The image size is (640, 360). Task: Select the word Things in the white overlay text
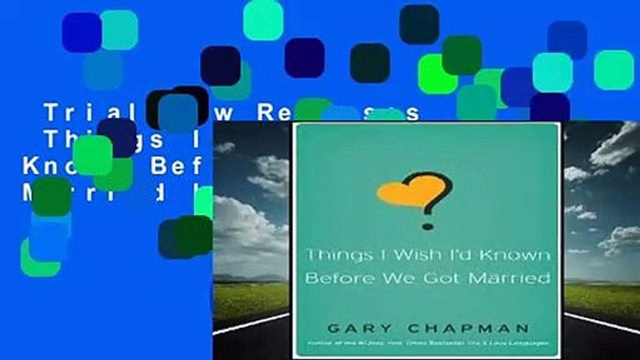[x=75, y=140]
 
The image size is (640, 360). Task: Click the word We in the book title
[x=396, y=278]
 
